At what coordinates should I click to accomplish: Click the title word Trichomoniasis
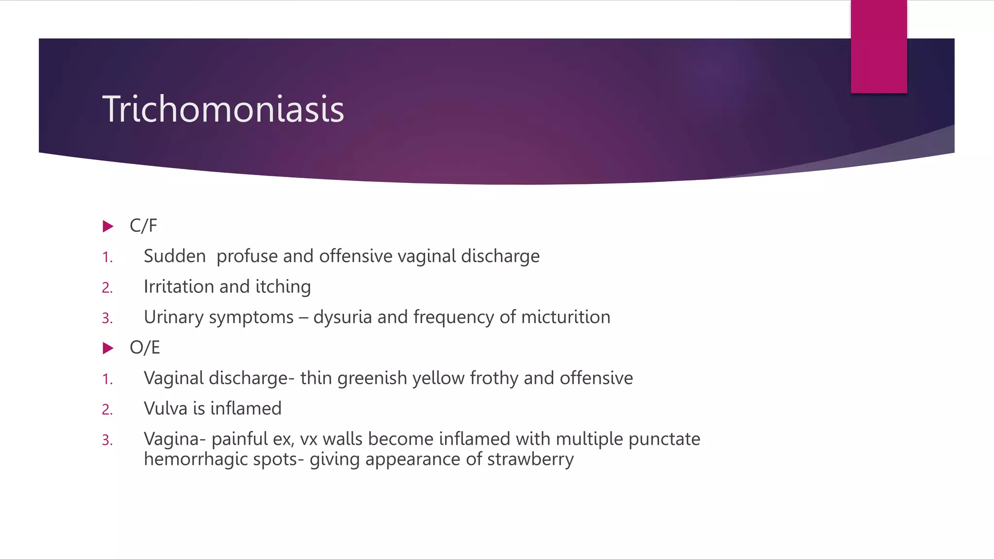(223, 109)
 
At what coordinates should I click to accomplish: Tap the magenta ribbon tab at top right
(878, 47)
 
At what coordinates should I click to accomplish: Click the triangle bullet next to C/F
(108, 226)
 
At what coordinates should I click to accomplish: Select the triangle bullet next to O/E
(108, 348)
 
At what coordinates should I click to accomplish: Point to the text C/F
(143, 226)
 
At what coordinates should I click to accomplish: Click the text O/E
(145, 347)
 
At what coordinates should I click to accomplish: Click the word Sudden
(175, 256)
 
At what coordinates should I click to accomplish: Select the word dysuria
(343, 317)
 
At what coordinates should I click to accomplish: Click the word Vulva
(166, 409)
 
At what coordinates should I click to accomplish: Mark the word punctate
(664, 439)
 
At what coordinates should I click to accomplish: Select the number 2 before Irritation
(107, 288)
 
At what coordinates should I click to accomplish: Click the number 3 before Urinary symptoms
(107, 318)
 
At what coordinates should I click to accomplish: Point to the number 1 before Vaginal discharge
(107, 379)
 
